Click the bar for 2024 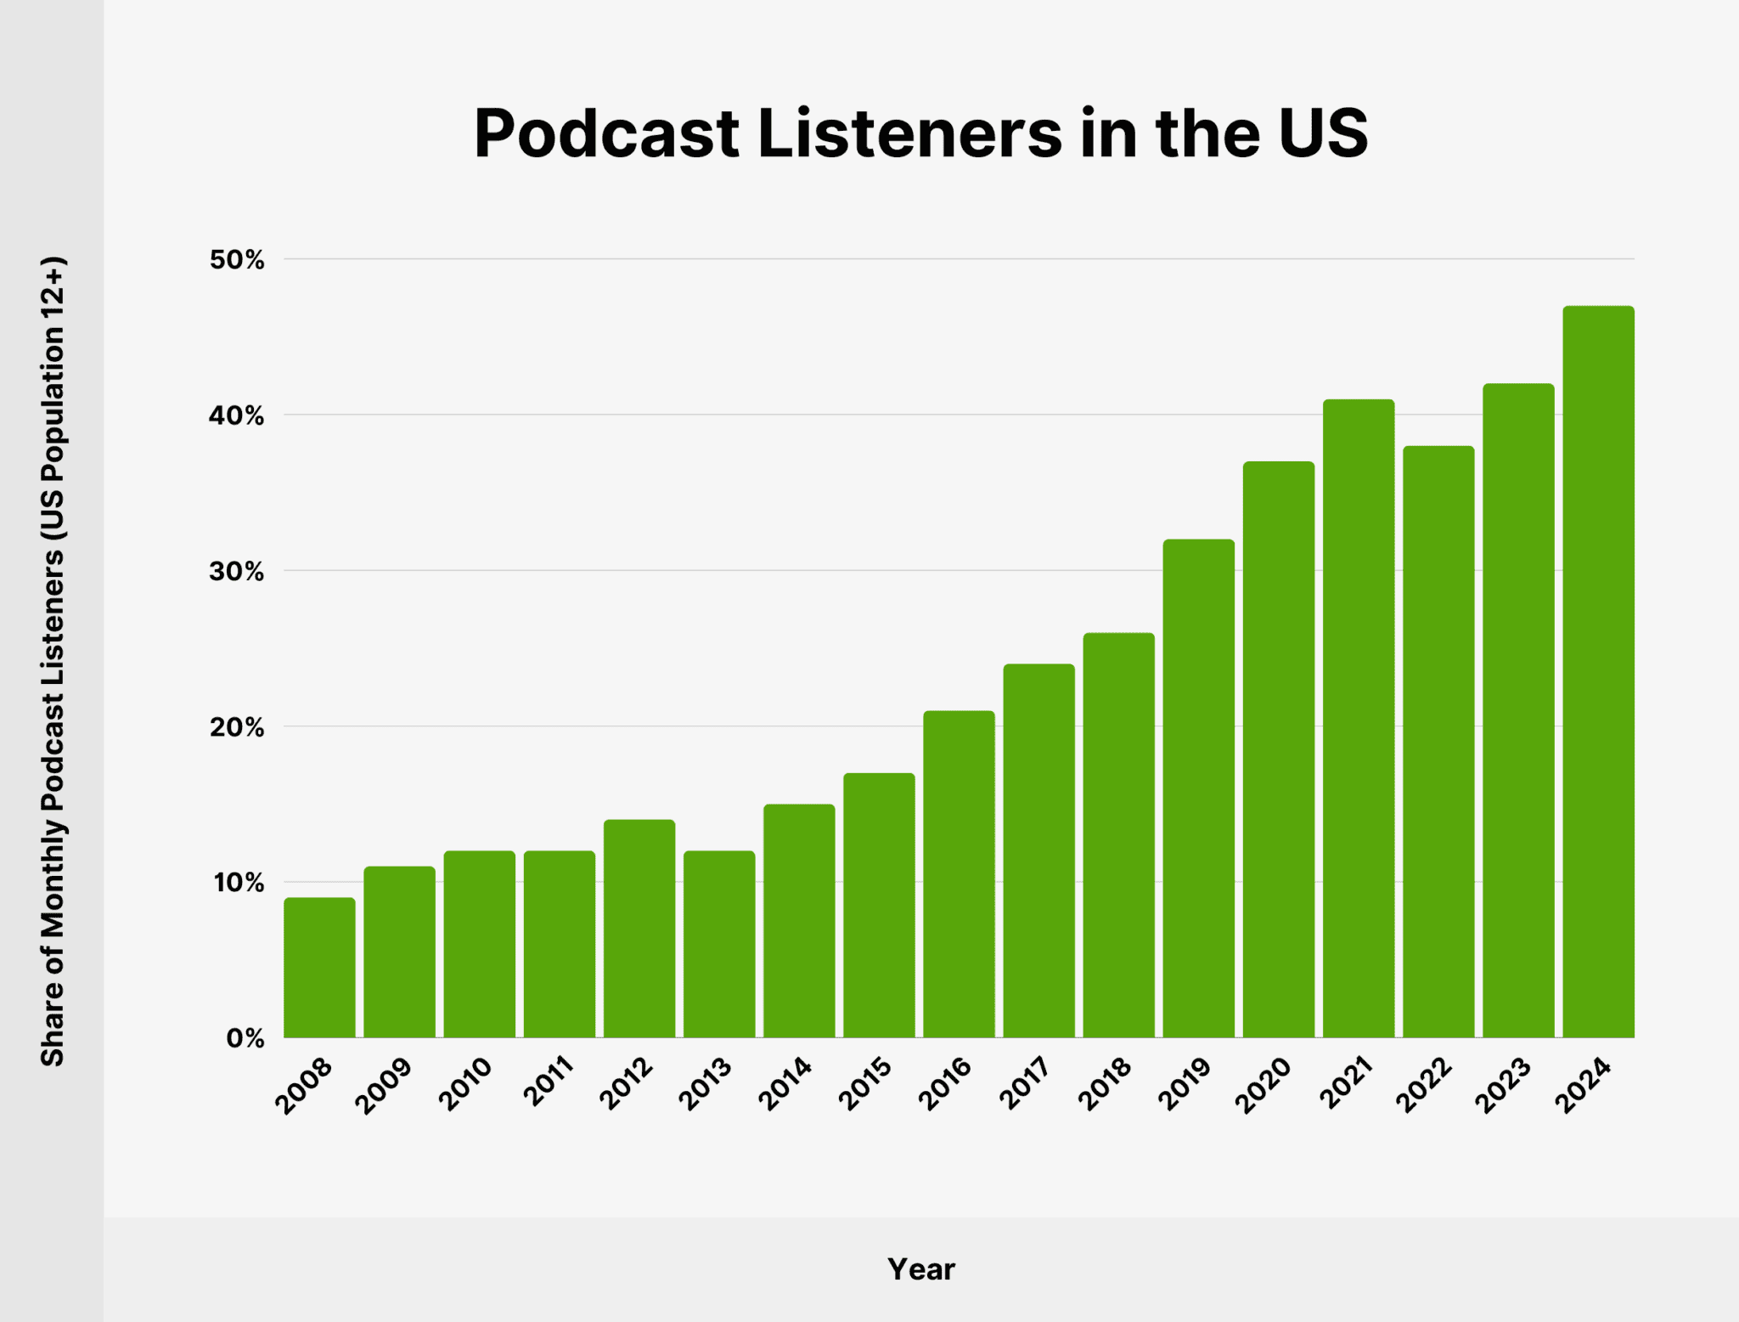click(1598, 671)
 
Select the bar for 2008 click(319, 968)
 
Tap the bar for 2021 click(1359, 718)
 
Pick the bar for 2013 click(719, 944)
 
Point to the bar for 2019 click(1198, 788)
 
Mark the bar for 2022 click(1438, 742)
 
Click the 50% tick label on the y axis click(237, 260)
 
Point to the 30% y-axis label click(237, 572)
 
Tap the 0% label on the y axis click(245, 1038)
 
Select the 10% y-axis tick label click(238, 883)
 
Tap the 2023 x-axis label click(1503, 1085)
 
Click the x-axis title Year click(920, 1269)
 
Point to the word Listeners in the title click(909, 133)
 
